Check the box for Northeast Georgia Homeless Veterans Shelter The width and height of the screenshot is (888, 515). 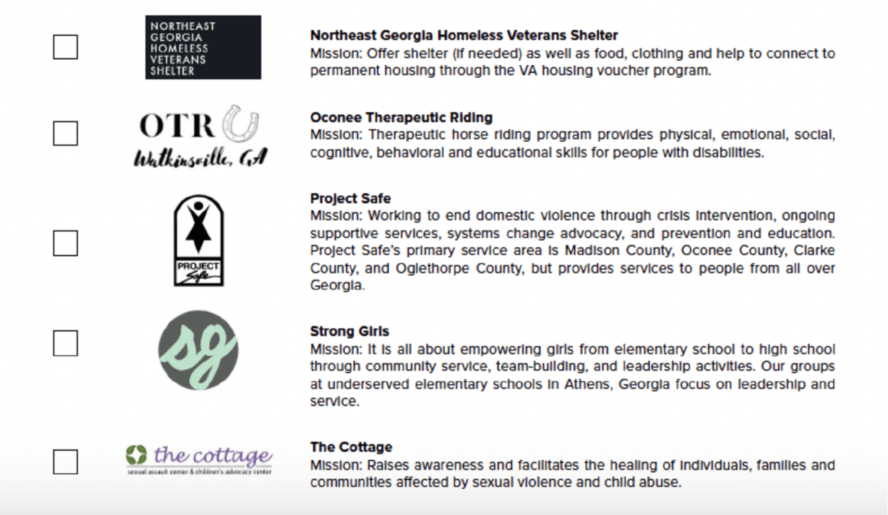click(x=65, y=47)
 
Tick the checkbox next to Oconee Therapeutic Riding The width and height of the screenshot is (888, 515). click(x=65, y=133)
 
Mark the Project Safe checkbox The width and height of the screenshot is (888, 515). click(x=65, y=243)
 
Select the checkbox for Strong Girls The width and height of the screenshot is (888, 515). click(x=65, y=344)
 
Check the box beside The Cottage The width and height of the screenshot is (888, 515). click(x=65, y=462)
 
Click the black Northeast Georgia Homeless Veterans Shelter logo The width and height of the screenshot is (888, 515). click(x=203, y=48)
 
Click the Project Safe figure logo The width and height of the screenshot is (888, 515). click(x=199, y=240)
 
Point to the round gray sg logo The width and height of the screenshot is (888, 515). click(x=198, y=350)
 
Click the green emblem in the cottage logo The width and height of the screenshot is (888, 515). click(x=136, y=454)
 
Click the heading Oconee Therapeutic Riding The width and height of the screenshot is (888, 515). click(x=401, y=118)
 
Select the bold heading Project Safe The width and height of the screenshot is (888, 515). click(x=350, y=198)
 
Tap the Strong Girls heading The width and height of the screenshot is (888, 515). click(x=349, y=331)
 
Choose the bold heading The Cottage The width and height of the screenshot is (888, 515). click(x=350, y=447)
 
